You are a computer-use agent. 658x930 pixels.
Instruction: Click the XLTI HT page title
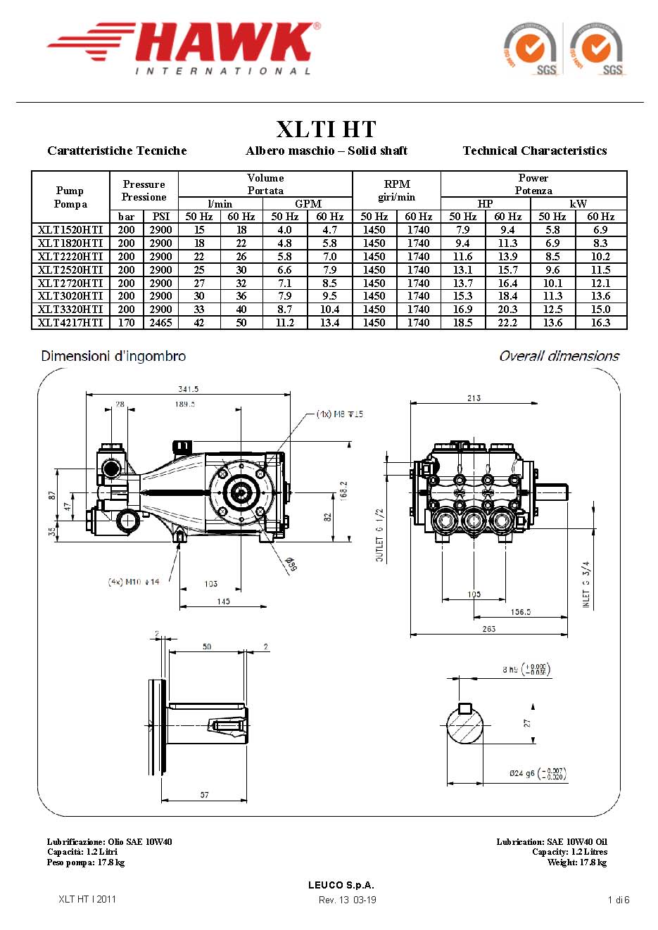(326, 129)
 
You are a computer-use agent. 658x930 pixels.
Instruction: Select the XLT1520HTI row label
(70, 230)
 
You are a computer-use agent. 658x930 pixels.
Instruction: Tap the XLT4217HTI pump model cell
(70, 323)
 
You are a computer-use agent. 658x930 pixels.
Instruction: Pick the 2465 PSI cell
(160, 323)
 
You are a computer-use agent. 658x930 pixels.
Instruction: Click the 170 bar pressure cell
(127, 323)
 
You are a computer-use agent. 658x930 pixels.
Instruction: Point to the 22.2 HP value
(507, 323)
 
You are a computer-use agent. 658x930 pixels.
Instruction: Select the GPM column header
(308, 204)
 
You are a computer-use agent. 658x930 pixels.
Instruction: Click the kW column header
(578, 204)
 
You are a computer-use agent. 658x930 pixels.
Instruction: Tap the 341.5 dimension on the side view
(188, 389)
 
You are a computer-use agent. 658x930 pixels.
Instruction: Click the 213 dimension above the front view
(474, 398)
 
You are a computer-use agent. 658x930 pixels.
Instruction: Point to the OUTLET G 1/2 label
(380, 535)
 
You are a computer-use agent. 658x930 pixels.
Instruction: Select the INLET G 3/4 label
(586, 584)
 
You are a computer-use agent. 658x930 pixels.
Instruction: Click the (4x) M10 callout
(134, 582)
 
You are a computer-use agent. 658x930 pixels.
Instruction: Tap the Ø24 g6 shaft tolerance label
(538, 773)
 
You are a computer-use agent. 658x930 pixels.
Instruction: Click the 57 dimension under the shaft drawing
(204, 795)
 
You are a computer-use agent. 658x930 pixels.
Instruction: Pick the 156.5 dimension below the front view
(521, 612)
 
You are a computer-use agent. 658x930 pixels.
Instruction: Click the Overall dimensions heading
(559, 356)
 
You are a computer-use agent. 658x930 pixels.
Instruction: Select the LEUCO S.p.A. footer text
(341, 885)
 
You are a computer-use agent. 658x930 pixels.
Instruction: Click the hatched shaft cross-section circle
(465, 725)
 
